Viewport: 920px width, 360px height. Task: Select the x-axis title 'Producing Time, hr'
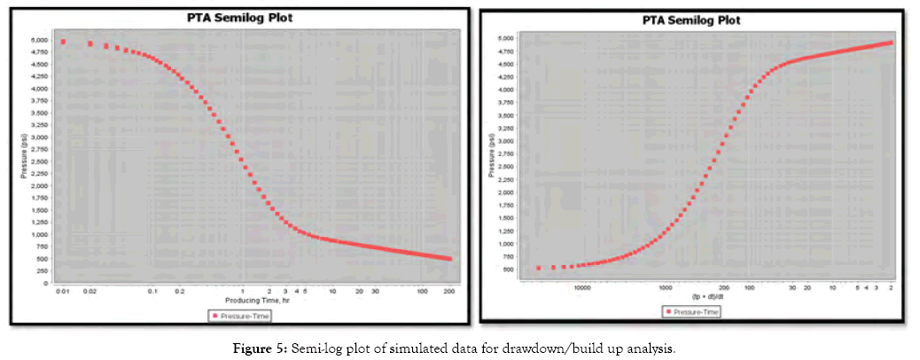pos(256,301)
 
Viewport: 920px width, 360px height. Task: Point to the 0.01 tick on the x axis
pos(62,291)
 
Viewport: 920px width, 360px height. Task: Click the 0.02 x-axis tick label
pos(90,291)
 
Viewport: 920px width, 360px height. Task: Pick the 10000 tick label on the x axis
pos(582,287)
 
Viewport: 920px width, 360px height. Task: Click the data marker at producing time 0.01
pos(63,42)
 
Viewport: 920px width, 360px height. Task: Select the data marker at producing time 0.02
pos(90,43)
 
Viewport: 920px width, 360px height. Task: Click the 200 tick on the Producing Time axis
pos(449,291)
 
